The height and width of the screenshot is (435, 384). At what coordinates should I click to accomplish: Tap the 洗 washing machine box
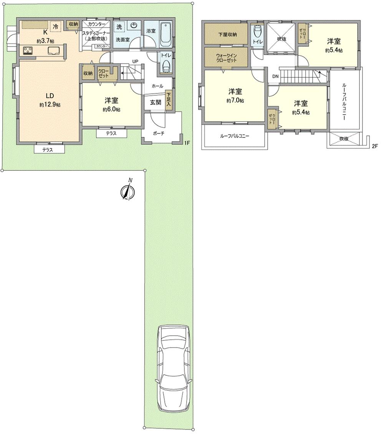pyautogui.click(x=119, y=27)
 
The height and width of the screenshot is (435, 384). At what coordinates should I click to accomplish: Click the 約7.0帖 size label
pyautogui.click(x=235, y=100)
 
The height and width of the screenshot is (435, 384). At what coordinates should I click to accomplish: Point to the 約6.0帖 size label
pyautogui.click(x=111, y=109)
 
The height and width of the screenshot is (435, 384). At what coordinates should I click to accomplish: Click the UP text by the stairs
pyautogui.click(x=135, y=62)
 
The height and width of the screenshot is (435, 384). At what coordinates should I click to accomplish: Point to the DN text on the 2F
pyautogui.click(x=275, y=76)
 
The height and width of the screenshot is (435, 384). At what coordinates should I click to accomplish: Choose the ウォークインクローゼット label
pyautogui.click(x=226, y=58)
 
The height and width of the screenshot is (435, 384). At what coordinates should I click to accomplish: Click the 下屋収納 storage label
pyautogui.click(x=227, y=34)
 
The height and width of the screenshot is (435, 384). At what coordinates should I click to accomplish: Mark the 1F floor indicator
pyautogui.click(x=187, y=143)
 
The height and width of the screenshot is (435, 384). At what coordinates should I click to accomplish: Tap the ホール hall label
pyautogui.click(x=157, y=86)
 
